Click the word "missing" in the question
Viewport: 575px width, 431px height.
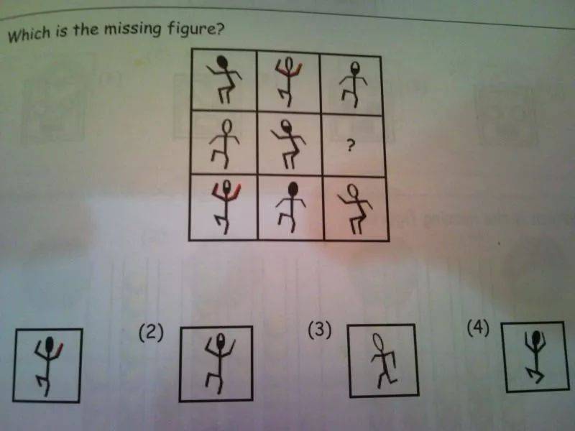coord(132,29)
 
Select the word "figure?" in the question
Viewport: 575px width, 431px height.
coord(195,28)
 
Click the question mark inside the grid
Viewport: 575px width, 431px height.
coord(351,147)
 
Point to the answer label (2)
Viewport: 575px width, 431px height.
coord(151,333)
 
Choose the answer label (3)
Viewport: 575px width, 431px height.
coord(320,329)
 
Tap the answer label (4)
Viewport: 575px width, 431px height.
coord(478,328)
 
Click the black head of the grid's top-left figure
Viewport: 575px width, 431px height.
coord(222,62)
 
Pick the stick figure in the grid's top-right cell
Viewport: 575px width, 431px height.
coord(353,85)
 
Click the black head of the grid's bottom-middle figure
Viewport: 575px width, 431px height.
coord(293,190)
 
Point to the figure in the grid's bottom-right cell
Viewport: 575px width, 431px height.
coord(355,209)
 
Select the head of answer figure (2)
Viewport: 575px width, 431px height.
coord(221,340)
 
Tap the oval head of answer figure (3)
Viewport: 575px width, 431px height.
coord(378,343)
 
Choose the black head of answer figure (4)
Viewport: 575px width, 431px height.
coord(536,336)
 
